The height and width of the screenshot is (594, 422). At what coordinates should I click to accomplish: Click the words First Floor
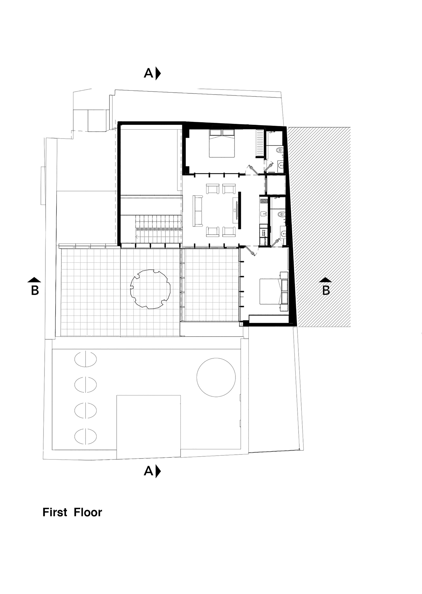click(72, 512)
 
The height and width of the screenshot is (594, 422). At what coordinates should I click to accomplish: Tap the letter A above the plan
click(148, 73)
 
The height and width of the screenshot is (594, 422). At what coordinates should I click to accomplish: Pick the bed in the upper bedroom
click(222, 143)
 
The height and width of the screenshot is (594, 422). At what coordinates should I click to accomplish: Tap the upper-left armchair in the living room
click(212, 189)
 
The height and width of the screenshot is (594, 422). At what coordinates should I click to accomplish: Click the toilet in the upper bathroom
click(280, 150)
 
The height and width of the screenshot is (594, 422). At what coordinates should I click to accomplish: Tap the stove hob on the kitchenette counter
click(264, 201)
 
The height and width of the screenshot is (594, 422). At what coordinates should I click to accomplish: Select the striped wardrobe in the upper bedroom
click(260, 143)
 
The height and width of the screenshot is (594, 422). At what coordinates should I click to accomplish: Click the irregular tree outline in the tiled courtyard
click(150, 289)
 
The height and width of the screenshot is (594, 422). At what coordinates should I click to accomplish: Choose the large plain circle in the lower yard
click(216, 377)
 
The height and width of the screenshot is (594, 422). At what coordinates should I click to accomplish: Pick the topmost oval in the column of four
click(85, 360)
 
